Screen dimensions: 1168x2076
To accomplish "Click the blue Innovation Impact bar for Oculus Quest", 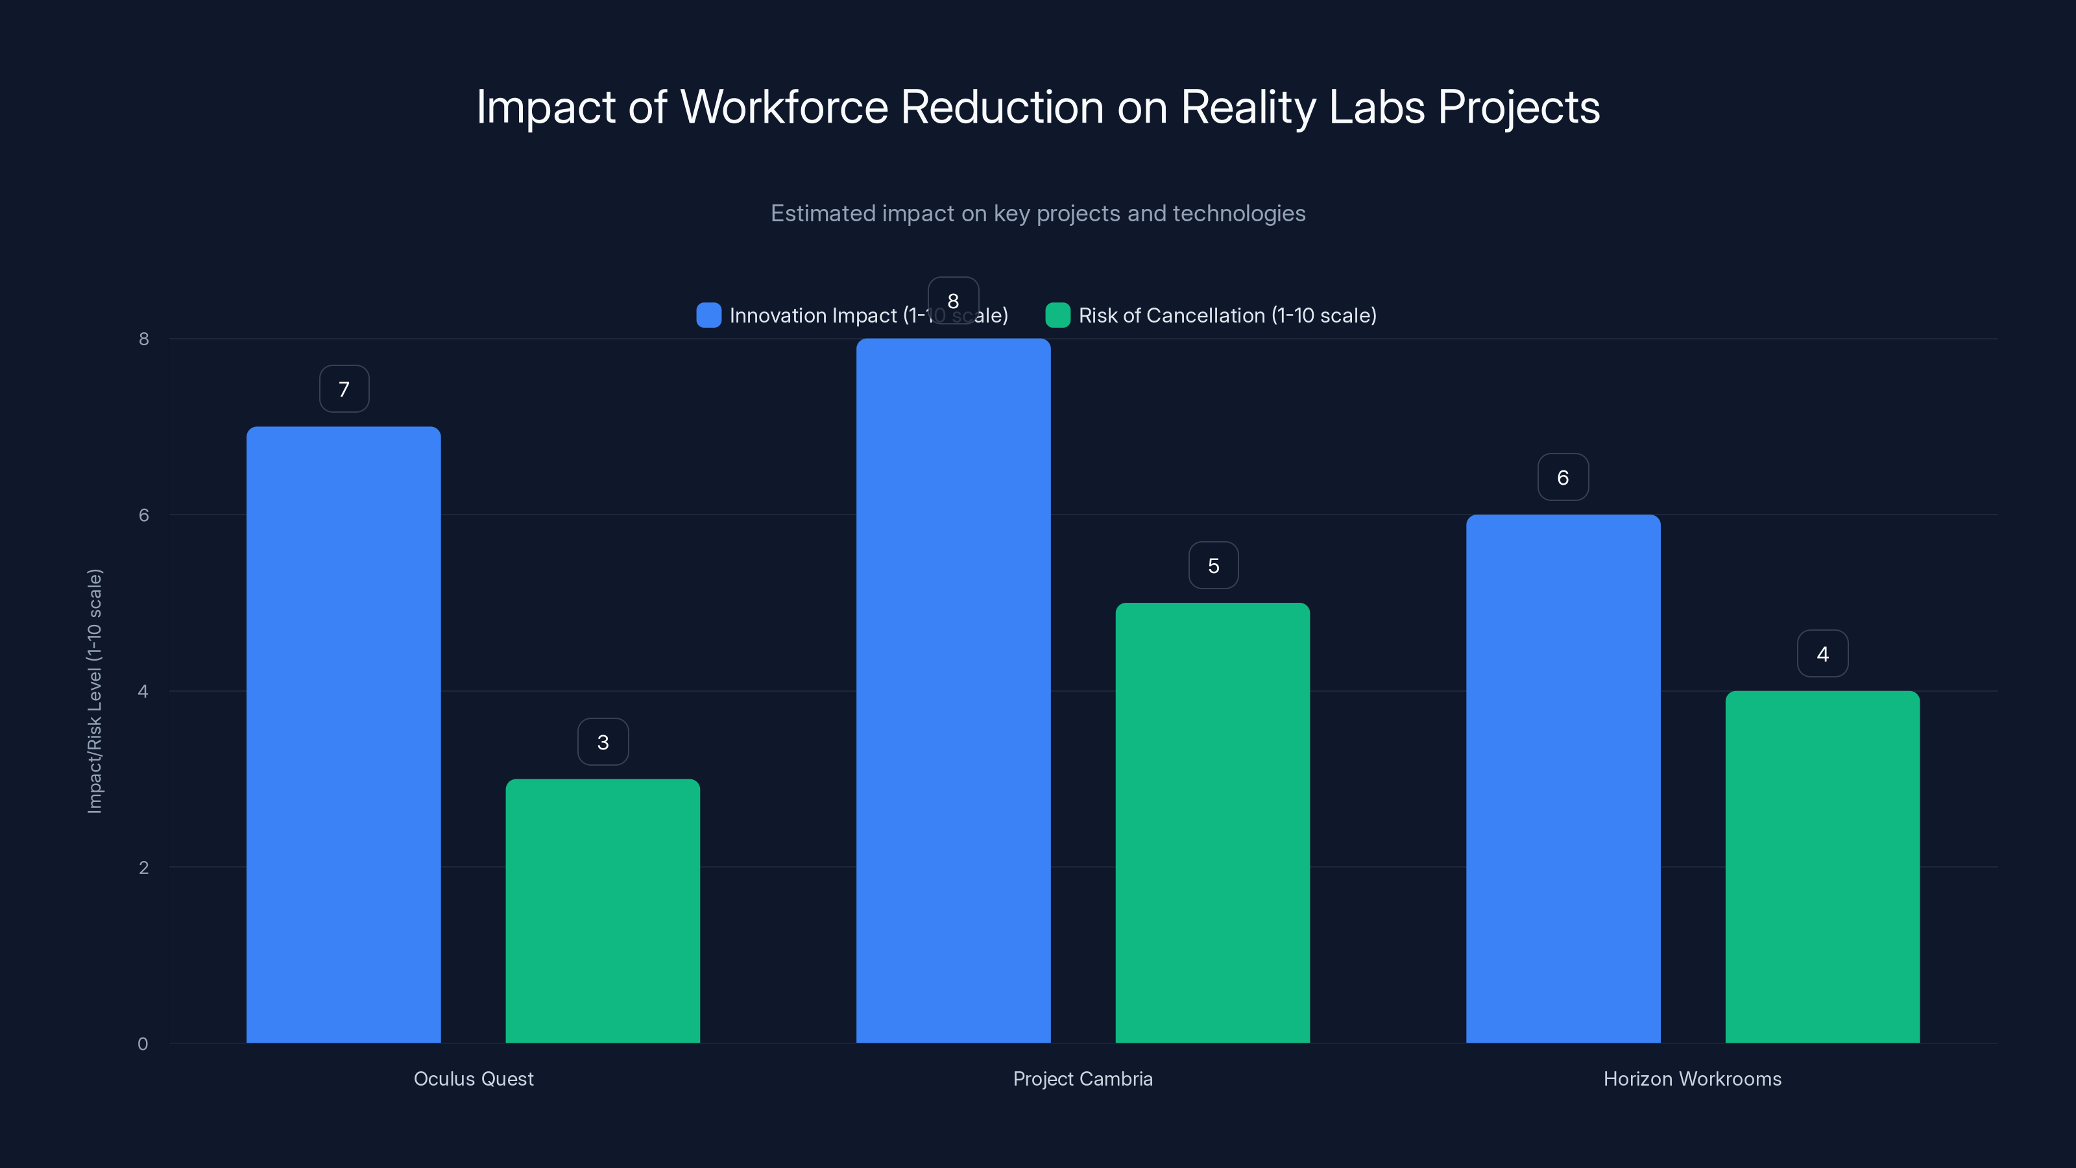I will tap(343, 733).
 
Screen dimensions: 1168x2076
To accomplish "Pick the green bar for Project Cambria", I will tap(1213, 822).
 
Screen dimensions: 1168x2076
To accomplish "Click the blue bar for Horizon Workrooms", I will tap(1563, 778).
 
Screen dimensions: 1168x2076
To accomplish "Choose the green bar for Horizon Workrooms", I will tap(1822, 866).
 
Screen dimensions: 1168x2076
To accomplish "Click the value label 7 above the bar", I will tap(344, 389).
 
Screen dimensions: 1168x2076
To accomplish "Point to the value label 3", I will tap(603, 742).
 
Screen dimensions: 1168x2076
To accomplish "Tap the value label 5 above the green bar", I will tap(1213, 566).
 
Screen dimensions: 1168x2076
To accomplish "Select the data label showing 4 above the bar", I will tap(1822, 653).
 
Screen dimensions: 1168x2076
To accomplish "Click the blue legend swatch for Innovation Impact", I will tap(708, 315).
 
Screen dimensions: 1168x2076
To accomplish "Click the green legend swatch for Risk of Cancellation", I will tap(1057, 315).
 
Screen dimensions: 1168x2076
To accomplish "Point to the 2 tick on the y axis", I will tap(143, 868).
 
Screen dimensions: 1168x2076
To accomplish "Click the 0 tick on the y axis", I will tap(143, 1044).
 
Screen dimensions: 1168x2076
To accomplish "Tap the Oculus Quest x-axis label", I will tap(473, 1078).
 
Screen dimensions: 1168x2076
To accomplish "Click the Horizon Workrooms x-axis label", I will tap(1693, 1078).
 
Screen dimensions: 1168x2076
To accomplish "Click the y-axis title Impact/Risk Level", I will tap(95, 691).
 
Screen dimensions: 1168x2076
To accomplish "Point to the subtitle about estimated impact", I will tap(1038, 213).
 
